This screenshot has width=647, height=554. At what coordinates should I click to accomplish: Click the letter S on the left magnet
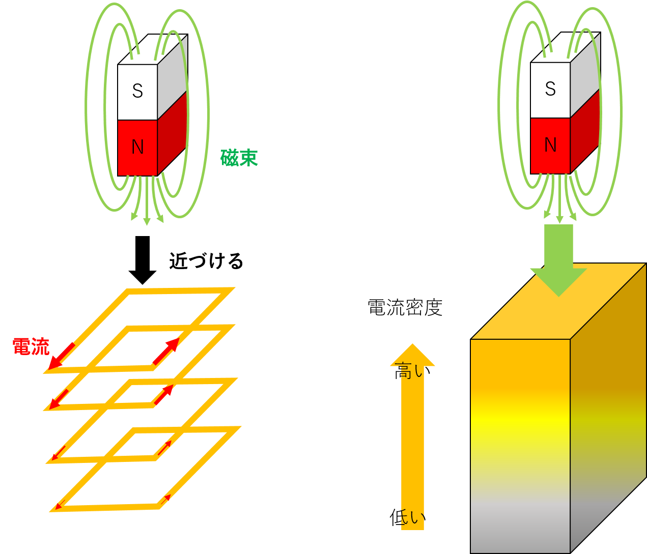pyautogui.click(x=137, y=91)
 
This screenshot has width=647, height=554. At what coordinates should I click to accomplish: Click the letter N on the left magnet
pyautogui.click(x=137, y=147)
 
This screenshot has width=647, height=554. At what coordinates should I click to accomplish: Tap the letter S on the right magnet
pyautogui.click(x=550, y=89)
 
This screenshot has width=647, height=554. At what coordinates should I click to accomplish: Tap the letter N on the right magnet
pyautogui.click(x=550, y=145)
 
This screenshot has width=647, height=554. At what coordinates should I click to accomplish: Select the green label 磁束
pyautogui.click(x=239, y=158)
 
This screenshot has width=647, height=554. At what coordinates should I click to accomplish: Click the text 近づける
pyautogui.click(x=206, y=261)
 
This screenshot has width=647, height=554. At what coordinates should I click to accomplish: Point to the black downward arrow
pyautogui.click(x=143, y=260)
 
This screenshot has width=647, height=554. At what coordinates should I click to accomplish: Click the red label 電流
pyautogui.click(x=31, y=346)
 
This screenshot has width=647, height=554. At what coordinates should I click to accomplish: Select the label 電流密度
pyautogui.click(x=405, y=307)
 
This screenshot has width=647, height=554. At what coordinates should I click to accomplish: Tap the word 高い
pyautogui.click(x=412, y=371)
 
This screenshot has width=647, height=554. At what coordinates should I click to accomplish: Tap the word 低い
pyautogui.click(x=408, y=517)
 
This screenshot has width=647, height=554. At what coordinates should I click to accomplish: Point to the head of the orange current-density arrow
pyautogui.click(x=412, y=355)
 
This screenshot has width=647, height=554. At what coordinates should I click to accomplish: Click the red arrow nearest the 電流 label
pyautogui.click(x=62, y=357)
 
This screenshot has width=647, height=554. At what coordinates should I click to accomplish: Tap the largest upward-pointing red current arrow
pyautogui.click(x=166, y=351)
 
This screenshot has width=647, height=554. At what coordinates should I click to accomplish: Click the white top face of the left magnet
pyautogui.click(x=153, y=49)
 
